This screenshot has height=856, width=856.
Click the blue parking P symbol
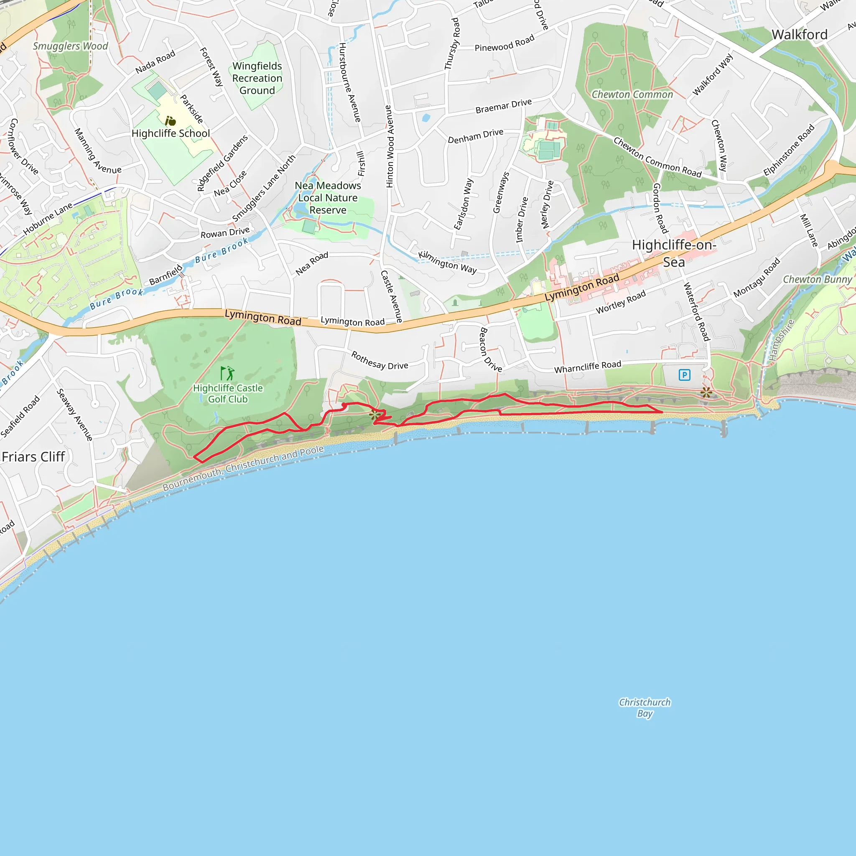pyautogui.click(x=684, y=375)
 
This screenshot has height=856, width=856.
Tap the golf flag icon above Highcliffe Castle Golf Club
pyautogui.click(x=228, y=373)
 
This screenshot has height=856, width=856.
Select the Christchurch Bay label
pyautogui.click(x=645, y=708)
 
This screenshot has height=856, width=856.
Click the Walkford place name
pyautogui.click(x=799, y=35)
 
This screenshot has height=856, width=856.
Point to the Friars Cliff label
pyautogui.click(x=33, y=457)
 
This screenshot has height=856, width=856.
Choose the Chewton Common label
pyautogui.click(x=632, y=94)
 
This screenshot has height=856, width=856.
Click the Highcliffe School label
pyautogui.click(x=171, y=133)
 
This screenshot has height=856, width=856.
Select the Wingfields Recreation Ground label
pyautogui.click(x=257, y=78)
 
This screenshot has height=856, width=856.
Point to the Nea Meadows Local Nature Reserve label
pyautogui.click(x=328, y=198)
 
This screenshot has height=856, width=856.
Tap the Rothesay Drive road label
pyautogui.click(x=380, y=360)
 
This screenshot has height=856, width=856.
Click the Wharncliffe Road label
pyautogui.click(x=588, y=367)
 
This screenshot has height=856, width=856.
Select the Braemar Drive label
pyautogui.click(x=503, y=106)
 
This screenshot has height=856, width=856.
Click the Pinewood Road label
pyautogui.click(x=504, y=43)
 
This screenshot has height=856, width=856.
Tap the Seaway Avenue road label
pyautogui.click(x=74, y=415)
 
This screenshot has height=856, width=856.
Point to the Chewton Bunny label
pyautogui.click(x=817, y=280)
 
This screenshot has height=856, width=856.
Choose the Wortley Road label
pyautogui.click(x=621, y=303)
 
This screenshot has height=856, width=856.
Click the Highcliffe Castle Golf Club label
pyautogui.click(x=228, y=393)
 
